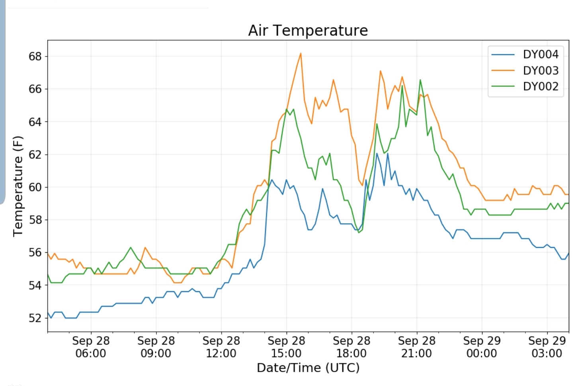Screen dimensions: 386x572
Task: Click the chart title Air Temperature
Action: click(308, 31)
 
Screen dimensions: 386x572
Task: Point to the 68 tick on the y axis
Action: click(35, 57)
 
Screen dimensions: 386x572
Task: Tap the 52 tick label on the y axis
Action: click(35, 318)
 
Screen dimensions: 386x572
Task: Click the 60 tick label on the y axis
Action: click(35, 187)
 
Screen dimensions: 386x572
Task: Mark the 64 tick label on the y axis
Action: click(35, 122)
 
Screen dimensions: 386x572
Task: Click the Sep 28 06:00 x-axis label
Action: click(91, 347)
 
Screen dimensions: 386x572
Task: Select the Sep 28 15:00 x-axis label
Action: click(286, 347)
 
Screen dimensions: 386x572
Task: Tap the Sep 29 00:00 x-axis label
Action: click(482, 347)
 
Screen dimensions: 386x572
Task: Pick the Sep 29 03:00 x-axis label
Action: click(547, 347)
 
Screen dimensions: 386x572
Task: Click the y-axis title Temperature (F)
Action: click(18, 186)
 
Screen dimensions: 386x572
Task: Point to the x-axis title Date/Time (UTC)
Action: click(308, 368)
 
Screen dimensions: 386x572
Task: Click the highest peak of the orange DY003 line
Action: click(301, 53)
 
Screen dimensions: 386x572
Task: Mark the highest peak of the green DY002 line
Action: click(420, 80)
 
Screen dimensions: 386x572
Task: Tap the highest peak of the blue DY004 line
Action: click(377, 153)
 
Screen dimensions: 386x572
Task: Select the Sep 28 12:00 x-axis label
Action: click(221, 347)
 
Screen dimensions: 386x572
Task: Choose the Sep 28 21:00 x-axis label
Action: click(416, 347)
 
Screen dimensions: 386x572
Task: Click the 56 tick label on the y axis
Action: click(35, 253)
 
